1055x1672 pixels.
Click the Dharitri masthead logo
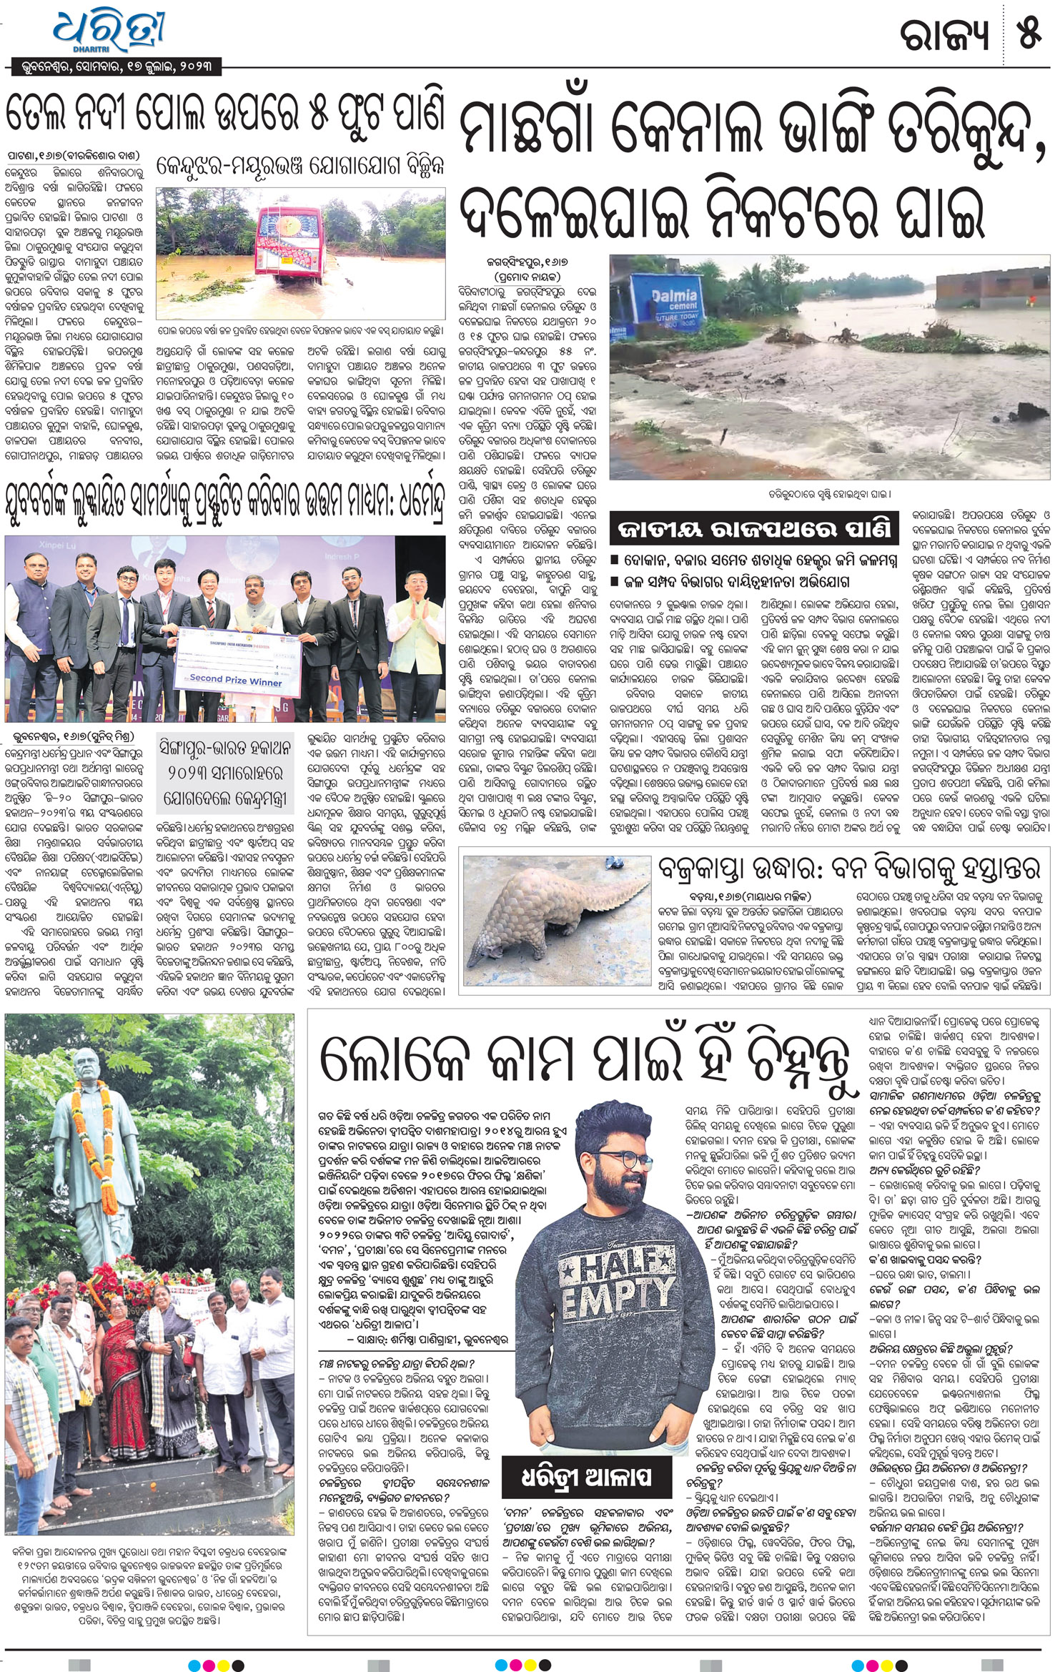[x=111, y=29]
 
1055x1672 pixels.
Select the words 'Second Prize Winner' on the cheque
[x=235, y=680]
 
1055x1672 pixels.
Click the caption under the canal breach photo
[x=830, y=493]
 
